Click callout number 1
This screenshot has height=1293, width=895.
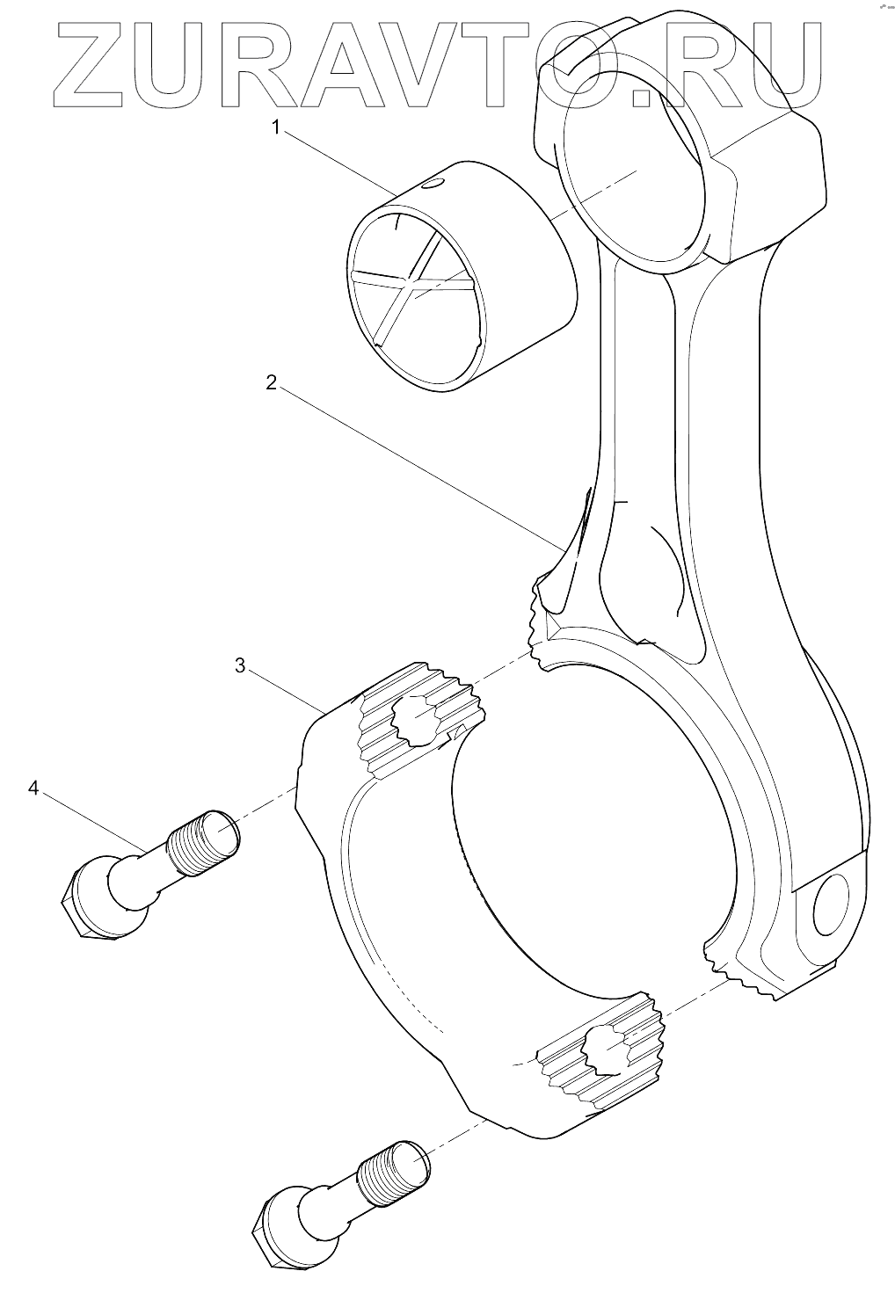click(x=275, y=128)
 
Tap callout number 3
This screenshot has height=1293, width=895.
click(x=239, y=665)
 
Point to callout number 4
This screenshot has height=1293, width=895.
click(x=33, y=788)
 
